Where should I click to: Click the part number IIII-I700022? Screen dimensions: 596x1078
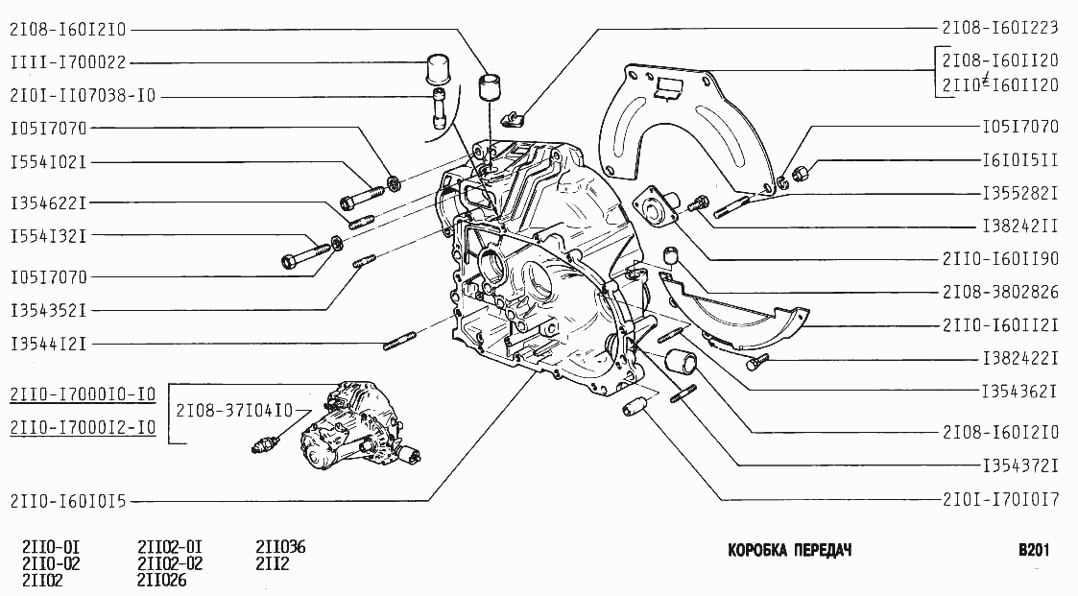click(x=67, y=62)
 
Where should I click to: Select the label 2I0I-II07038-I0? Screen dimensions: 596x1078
click(x=83, y=96)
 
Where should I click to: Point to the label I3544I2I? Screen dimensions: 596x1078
click(x=49, y=343)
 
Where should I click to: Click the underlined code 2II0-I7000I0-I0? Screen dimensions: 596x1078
click(x=83, y=395)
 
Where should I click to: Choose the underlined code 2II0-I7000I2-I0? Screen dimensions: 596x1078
click(x=83, y=427)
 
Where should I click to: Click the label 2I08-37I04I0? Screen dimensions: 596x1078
click(x=235, y=411)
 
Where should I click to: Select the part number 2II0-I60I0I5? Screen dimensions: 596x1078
click(x=74, y=500)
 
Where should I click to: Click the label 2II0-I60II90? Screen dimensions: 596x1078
click(x=1002, y=259)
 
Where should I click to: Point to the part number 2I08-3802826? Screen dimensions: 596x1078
click(x=1002, y=291)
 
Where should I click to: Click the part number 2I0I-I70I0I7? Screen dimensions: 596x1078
click(x=1002, y=499)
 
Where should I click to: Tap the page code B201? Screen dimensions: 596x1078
click(x=1035, y=551)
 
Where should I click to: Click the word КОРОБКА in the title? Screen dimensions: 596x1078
click(x=759, y=551)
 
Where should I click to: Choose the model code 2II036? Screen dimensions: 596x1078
click(x=280, y=548)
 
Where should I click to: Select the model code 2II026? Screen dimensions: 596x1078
click(x=162, y=580)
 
